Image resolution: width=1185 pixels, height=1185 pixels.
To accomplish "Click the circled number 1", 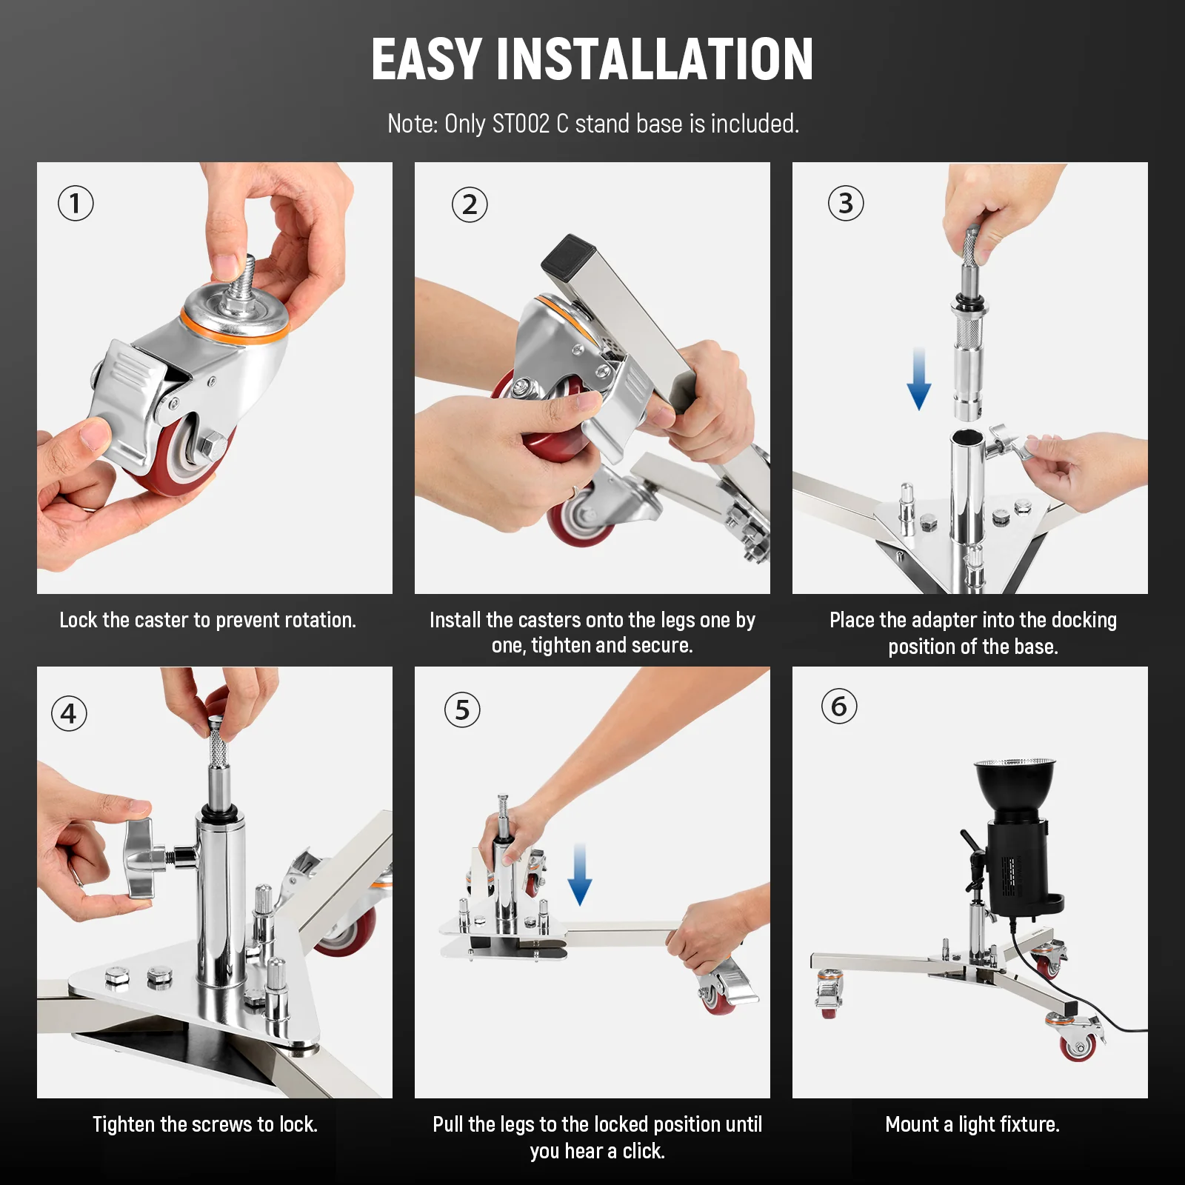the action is coord(76,204).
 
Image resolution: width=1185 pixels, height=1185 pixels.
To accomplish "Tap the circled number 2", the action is coord(470,204).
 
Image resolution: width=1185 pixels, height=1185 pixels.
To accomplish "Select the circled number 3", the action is coord(846,203).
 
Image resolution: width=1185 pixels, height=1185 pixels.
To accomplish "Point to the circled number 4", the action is coord(69,714).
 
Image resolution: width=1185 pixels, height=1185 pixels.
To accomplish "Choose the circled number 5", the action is coord(462,710).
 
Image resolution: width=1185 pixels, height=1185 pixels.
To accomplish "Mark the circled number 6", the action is coord(839,707).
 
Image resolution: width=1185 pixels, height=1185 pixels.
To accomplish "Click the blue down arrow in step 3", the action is coord(919,379).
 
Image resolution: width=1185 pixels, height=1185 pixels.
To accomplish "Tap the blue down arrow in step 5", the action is coord(580,874).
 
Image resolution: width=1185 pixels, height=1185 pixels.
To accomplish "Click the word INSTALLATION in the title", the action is coord(655,59).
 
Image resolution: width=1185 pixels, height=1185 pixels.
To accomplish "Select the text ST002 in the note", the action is coord(521,124).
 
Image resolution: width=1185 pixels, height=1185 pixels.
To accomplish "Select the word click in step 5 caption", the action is coord(644,1151).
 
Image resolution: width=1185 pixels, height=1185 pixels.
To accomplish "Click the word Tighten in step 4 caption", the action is coord(124,1124).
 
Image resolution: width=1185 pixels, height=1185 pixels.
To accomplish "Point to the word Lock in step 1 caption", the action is coord(78,620).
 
